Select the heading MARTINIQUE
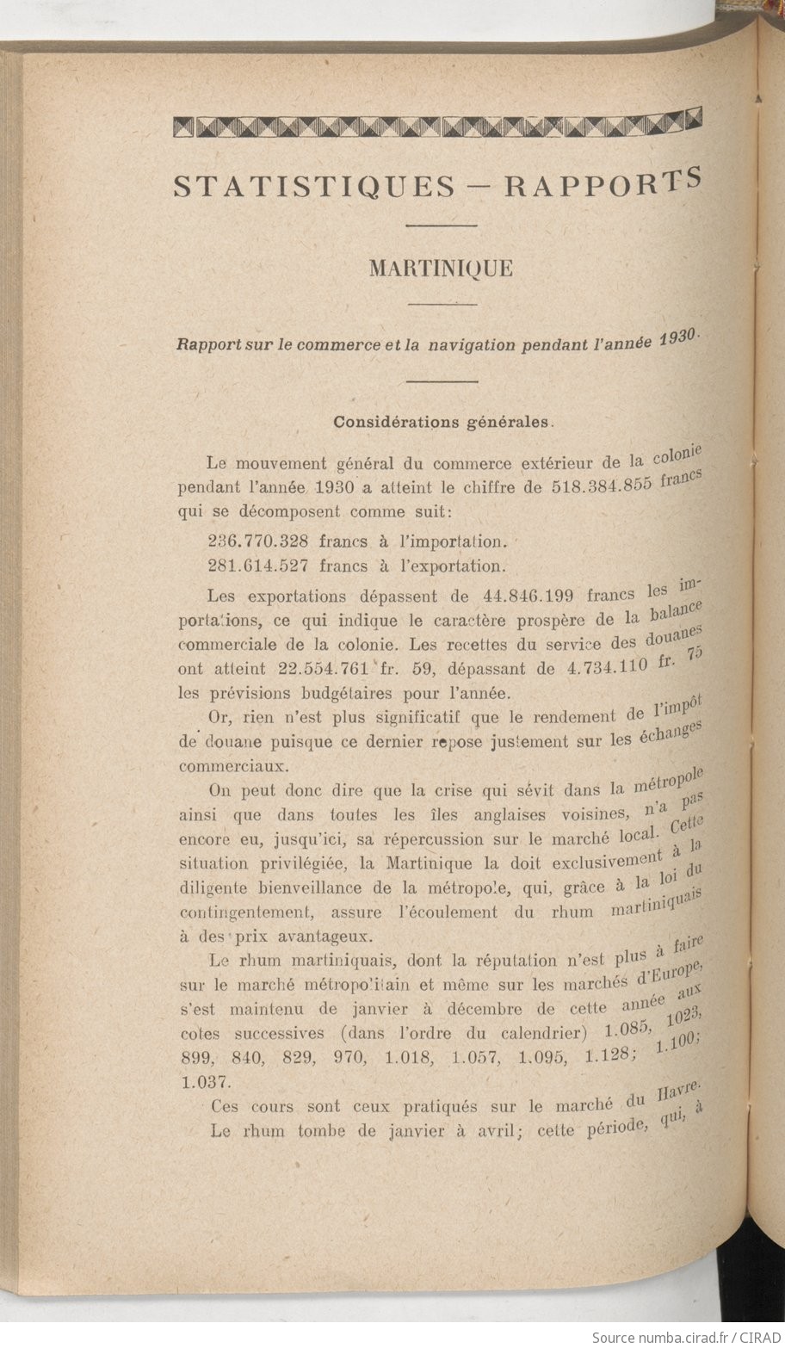click(441, 269)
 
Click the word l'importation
click(454, 541)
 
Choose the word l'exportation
click(450, 566)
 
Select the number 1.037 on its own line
click(201, 1080)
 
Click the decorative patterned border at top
click(437, 125)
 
